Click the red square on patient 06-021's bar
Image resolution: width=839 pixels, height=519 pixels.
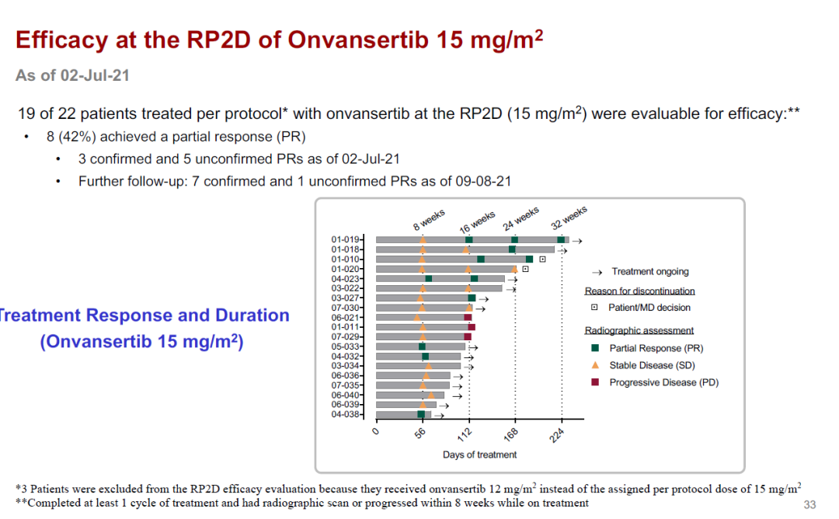click(468, 318)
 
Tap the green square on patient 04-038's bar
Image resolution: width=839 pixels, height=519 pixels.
click(421, 414)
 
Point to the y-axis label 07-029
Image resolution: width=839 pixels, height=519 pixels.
click(345, 336)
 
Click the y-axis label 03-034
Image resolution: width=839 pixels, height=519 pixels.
click(345, 365)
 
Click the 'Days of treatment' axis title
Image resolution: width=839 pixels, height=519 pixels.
click(479, 455)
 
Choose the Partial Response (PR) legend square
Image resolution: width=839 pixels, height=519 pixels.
click(594, 348)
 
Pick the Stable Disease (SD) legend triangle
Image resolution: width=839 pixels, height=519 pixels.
click(594, 365)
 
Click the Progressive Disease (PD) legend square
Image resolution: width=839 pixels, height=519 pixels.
click(594, 382)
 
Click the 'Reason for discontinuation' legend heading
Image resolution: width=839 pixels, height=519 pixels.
click(639, 291)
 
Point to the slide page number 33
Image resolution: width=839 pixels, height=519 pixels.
click(809, 504)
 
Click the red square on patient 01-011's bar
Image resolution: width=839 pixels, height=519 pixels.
click(472, 327)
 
